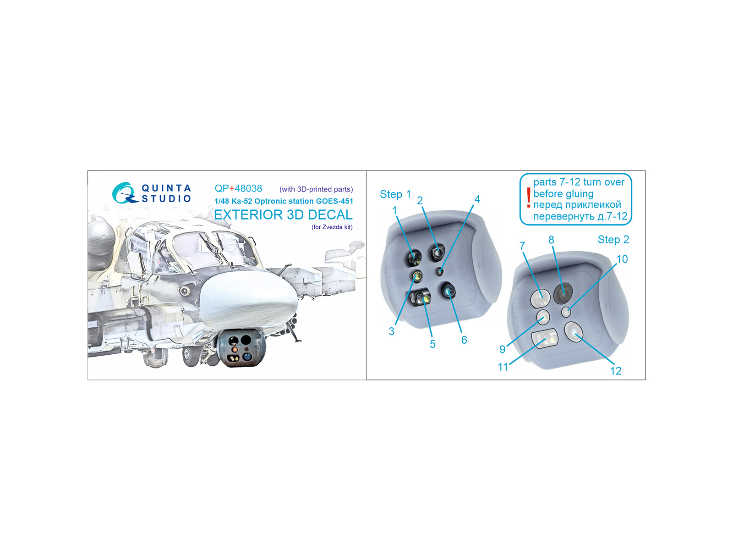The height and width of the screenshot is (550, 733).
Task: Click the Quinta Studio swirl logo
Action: (x=124, y=193)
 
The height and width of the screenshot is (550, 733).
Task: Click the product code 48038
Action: (x=248, y=188)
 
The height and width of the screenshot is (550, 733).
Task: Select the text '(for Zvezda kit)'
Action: (x=332, y=227)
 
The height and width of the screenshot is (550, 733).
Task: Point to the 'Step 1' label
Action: (x=395, y=194)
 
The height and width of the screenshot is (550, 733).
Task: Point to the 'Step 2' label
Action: (x=613, y=239)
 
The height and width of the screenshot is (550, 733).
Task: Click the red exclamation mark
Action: (x=528, y=198)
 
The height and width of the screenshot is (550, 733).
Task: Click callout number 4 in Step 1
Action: (x=477, y=199)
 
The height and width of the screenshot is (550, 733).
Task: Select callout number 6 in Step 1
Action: (x=464, y=340)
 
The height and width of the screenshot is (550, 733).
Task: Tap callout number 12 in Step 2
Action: (x=615, y=371)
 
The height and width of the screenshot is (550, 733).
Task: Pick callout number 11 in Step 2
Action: (x=503, y=367)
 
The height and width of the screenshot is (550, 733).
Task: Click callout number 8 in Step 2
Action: (x=551, y=239)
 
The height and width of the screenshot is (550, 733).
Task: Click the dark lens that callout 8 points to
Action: (x=563, y=292)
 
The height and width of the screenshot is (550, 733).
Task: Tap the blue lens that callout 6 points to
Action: (x=448, y=291)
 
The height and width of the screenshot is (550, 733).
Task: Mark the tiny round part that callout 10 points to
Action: (x=566, y=312)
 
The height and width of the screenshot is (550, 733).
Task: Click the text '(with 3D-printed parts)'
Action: (x=316, y=189)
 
